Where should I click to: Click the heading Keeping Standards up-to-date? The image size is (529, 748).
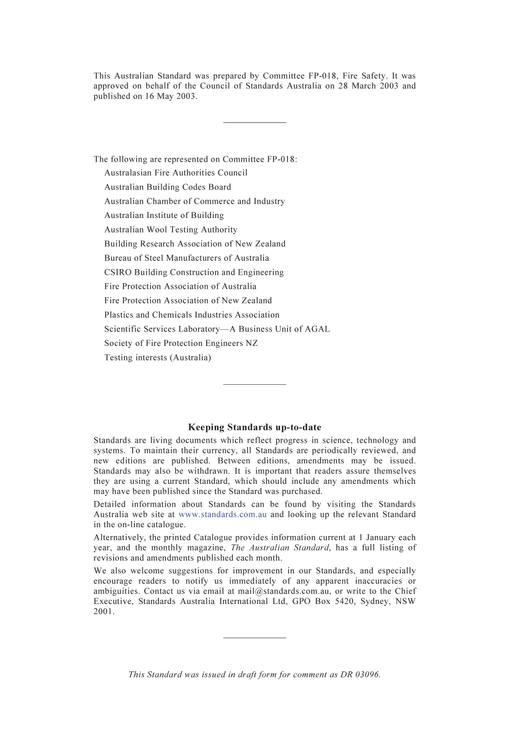click(254, 427)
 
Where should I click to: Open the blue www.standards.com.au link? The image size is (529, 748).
click(222, 514)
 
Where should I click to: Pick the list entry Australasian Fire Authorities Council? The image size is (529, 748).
click(176, 173)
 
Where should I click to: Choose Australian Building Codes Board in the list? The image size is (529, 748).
click(168, 187)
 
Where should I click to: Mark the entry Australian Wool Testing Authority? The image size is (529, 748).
click(171, 230)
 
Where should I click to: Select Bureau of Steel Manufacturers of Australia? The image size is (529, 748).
click(187, 258)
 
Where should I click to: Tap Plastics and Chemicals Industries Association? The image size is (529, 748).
click(192, 315)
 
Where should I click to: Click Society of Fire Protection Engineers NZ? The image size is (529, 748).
click(181, 343)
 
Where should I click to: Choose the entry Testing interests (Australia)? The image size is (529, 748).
click(158, 358)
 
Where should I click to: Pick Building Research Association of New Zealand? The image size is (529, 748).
click(195, 244)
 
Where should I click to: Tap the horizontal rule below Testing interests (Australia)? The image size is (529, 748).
click(254, 384)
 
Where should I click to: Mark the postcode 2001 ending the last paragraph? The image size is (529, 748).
click(104, 612)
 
